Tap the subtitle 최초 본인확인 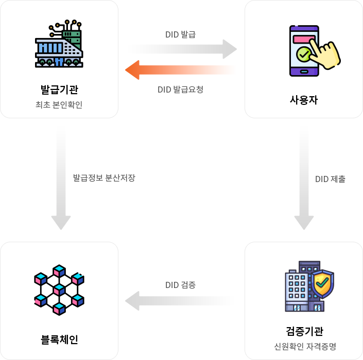pyautogui.click(x=59, y=105)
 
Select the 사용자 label pyautogui.click(x=304, y=100)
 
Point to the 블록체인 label pyautogui.click(x=59, y=339)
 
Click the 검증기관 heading pyautogui.click(x=304, y=331)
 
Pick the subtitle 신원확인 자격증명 pyautogui.click(x=304, y=346)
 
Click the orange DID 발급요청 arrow pyautogui.click(x=180, y=69)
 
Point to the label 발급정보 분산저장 pyautogui.click(x=104, y=178)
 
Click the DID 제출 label pyautogui.click(x=330, y=179)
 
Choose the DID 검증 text pyautogui.click(x=180, y=284)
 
